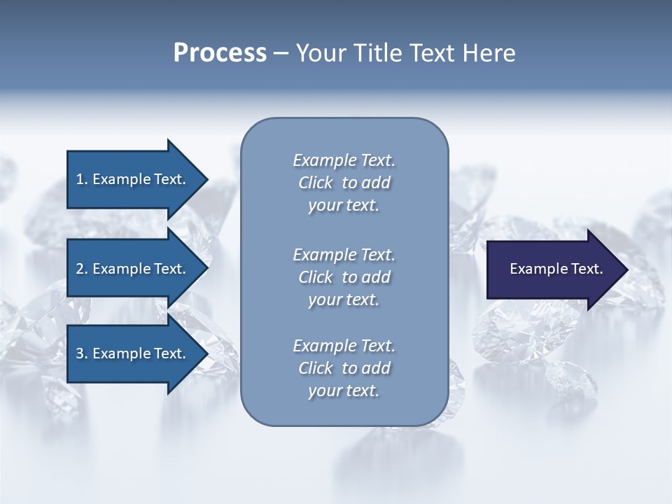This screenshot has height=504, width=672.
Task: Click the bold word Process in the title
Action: click(x=220, y=53)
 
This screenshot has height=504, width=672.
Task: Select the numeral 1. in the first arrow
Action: click(x=81, y=179)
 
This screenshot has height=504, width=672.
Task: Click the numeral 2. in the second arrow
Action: click(x=81, y=269)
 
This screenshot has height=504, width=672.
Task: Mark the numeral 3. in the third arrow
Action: click(x=81, y=353)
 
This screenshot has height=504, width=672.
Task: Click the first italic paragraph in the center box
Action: click(x=344, y=183)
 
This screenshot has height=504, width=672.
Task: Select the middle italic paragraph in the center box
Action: click(x=344, y=276)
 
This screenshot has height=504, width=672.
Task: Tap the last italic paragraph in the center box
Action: click(x=344, y=368)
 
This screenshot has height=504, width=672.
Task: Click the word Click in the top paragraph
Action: click(x=315, y=183)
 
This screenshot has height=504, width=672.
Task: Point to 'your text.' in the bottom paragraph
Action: click(x=344, y=391)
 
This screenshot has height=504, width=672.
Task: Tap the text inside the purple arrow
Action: click(x=556, y=269)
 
